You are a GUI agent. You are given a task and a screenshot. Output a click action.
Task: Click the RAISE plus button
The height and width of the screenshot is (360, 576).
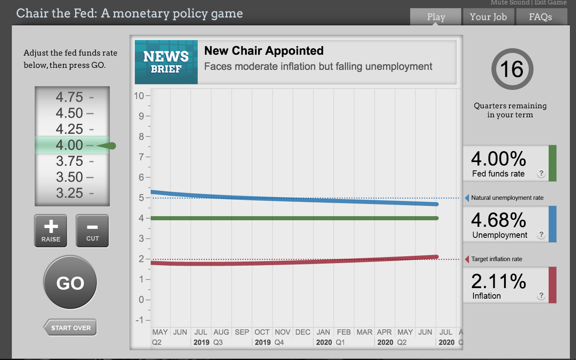click(x=51, y=230)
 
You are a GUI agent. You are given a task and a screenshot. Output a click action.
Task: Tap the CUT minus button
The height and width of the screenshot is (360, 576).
click(x=92, y=230)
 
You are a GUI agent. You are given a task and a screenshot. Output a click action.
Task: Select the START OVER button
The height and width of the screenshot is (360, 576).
click(x=71, y=328)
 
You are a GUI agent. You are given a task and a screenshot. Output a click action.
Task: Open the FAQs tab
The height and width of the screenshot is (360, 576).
click(x=540, y=17)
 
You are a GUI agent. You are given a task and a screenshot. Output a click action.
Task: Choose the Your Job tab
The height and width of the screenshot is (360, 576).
click(x=488, y=17)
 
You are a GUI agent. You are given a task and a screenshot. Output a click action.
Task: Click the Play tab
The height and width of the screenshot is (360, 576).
click(x=436, y=17)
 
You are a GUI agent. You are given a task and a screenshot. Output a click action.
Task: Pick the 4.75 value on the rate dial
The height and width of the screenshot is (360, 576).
click(x=69, y=97)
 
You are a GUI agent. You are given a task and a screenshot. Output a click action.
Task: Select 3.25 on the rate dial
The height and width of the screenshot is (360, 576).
click(x=69, y=193)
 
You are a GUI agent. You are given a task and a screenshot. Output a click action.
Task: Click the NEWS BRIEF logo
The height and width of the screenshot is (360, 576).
click(x=166, y=62)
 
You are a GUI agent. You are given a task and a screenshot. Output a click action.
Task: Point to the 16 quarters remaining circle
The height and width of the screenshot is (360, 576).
click(x=512, y=69)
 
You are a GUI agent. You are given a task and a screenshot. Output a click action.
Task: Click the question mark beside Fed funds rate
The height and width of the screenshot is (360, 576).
click(x=541, y=173)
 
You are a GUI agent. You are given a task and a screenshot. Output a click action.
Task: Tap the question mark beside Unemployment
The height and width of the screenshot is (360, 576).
click(x=541, y=235)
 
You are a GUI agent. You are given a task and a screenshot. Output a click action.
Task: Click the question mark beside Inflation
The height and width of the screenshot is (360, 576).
click(x=541, y=295)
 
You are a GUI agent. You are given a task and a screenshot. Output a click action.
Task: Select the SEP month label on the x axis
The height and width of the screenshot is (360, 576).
click(x=242, y=332)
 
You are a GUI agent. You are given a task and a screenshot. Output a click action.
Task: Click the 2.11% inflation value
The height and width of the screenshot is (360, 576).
click(x=498, y=281)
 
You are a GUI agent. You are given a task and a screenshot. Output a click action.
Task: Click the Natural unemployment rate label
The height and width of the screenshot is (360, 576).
click(x=507, y=198)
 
